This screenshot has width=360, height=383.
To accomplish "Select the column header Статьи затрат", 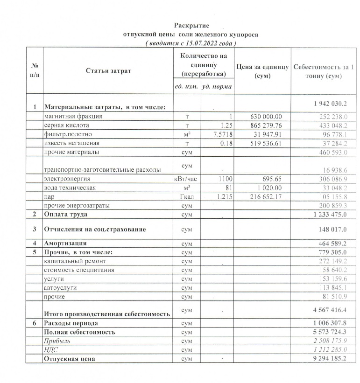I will tap(108, 70).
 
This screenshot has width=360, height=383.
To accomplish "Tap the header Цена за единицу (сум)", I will tap(263, 71).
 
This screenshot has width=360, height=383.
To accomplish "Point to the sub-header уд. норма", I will tap(217, 87).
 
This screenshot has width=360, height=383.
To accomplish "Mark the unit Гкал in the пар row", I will tap(187, 196).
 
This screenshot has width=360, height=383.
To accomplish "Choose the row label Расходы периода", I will tap(72, 323).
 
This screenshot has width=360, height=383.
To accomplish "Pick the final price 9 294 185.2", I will tap(327, 359).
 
